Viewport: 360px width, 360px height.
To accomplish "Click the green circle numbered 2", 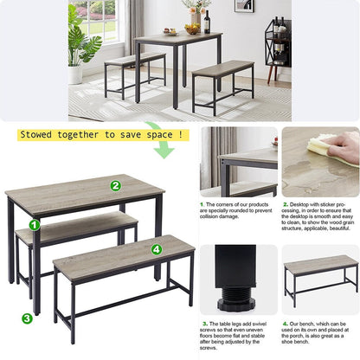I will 115,184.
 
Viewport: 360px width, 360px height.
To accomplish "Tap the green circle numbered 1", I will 35,225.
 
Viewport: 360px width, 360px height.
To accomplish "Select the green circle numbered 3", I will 27,318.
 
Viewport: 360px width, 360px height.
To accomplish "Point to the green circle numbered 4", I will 157,249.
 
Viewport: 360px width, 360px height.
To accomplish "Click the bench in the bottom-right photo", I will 320,275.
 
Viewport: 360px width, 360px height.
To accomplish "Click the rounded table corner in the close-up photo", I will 223,160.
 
